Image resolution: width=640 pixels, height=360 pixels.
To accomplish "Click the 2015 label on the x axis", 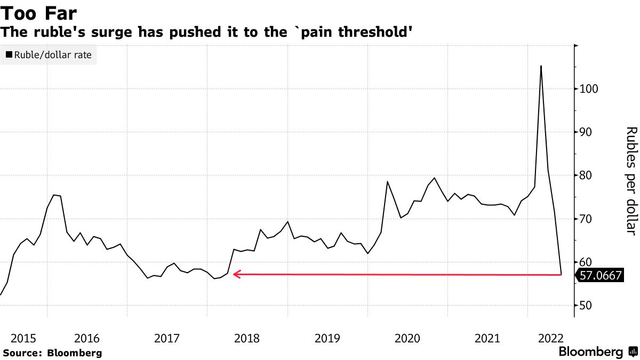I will (x=23, y=338).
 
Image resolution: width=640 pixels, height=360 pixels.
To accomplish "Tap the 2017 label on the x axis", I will (x=167, y=338).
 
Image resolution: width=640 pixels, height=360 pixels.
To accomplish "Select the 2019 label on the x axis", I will (x=327, y=338).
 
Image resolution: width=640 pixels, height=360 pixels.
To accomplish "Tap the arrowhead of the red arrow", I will (x=236, y=274).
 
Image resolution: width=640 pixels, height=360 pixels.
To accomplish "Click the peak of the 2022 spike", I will (x=541, y=66).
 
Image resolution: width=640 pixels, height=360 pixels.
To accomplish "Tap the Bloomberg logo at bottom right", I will (x=598, y=352).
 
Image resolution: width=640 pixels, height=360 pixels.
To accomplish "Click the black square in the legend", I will (x=9, y=54).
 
